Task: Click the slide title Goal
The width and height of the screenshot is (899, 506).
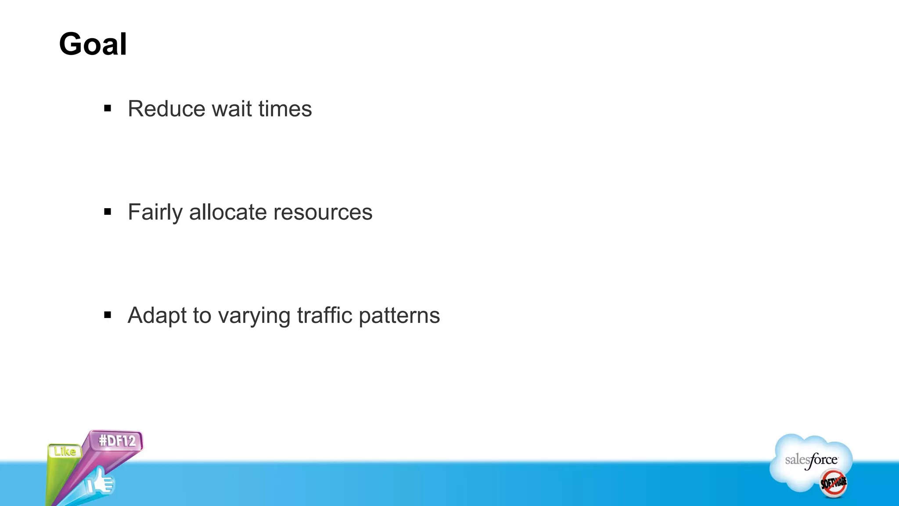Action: point(93,44)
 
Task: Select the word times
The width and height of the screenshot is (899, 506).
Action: point(285,108)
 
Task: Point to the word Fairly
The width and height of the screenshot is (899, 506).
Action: point(155,213)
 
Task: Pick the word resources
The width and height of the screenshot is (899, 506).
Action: point(323,213)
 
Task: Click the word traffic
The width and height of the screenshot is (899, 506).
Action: point(325,315)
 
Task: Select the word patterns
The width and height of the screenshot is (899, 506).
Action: point(399,316)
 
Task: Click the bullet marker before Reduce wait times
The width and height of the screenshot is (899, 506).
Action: point(108,108)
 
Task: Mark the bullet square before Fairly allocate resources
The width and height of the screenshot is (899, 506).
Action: point(108,212)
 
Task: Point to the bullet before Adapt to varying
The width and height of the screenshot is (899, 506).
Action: point(108,315)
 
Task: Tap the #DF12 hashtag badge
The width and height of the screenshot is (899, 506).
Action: point(117,441)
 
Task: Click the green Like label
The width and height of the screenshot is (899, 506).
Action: point(65,451)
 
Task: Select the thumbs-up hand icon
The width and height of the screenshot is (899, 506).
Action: point(100,482)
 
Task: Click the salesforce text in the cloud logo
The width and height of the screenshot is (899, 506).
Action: point(811,460)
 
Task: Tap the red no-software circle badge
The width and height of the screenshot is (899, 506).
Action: point(834,483)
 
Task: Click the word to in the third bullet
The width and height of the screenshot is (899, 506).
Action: point(201,316)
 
